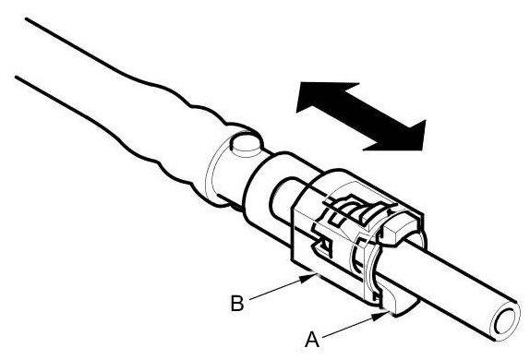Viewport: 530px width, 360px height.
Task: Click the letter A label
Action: pos(312,340)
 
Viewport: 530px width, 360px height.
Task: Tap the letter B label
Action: pos(237,304)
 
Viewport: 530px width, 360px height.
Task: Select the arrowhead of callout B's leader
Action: pos(307,279)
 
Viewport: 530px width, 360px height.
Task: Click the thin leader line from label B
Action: pos(283,288)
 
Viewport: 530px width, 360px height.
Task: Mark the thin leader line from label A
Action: pos(355,325)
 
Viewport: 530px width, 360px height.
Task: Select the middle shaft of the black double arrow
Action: pos(361,116)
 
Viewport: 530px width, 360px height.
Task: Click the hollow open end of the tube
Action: pos(505,321)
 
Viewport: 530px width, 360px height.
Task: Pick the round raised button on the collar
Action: pos(246,145)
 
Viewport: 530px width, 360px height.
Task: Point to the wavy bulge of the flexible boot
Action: pos(175,135)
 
